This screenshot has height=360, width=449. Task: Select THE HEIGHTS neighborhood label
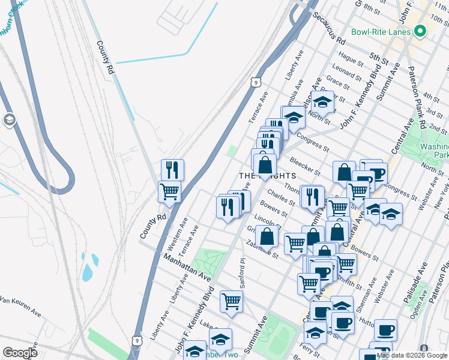pyautogui.click(x=268, y=175)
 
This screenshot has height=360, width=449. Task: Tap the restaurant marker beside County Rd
pyautogui.click(x=172, y=170)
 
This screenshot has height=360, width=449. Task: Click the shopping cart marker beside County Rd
pyautogui.click(x=170, y=192)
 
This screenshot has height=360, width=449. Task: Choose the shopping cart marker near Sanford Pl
pyautogui.click(x=231, y=301)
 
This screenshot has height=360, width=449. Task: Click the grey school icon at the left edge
pyautogui.click(x=10, y=120)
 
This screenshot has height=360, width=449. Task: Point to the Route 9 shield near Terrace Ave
pyautogui.click(x=256, y=81)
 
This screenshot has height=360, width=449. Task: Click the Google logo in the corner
pyautogui.click(x=20, y=353)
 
